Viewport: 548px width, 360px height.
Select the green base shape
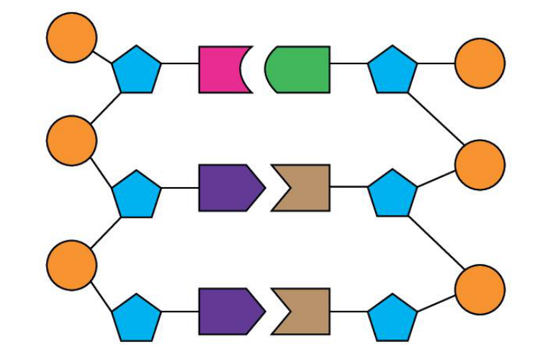pyautogui.click(x=301, y=70)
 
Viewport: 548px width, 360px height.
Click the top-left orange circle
pyautogui.click(x=71, y=37)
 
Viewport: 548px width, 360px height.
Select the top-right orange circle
pyautogui.click(x=480, y=63)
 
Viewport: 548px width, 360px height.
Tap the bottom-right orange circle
pyautogui.click(x=480, y=289)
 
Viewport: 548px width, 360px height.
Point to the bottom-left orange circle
pyautogui.click(x=71, y=266)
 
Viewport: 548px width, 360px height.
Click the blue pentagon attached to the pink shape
pyautogui.click(x=136, y=71)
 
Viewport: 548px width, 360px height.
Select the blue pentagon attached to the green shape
pyautogui.click(x=392, y=71)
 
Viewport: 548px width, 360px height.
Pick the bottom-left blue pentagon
pyautogui.click(x=136, y=318)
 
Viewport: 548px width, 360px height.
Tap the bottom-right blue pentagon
pyautogui.click(x=392, y=318)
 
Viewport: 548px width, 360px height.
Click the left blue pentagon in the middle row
pyautogui.click(x=136, y=194)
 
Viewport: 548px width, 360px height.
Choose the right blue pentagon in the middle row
pyautogui.click(x=392, y=194)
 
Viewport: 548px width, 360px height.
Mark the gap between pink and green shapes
pyautogui.click(x=259, y=70)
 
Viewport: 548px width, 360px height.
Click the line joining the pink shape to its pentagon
pyautogui.click(x=180, y=63)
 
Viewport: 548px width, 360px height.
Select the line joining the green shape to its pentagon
pyautogui.click(x=349, y=63)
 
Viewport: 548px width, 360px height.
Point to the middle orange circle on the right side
pyautogui.click(x=480, y=165)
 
